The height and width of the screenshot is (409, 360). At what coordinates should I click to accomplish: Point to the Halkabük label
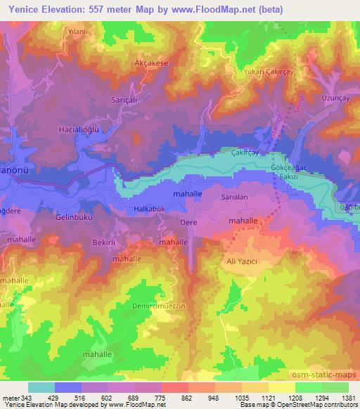tap(148, 209)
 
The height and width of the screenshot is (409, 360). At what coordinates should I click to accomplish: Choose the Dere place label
tap(190, 223)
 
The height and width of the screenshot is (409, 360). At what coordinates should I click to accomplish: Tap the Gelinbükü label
tap(75, 218)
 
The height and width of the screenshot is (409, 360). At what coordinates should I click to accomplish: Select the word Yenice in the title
tap(25, 8)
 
